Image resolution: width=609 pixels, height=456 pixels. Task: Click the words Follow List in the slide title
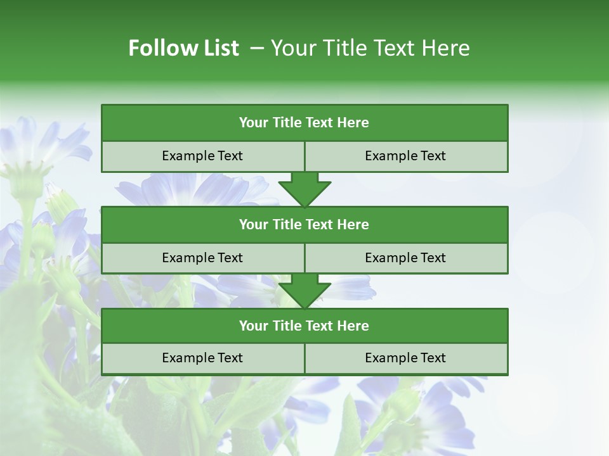coord(183,48)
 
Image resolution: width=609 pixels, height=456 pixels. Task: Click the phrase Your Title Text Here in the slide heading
coord(370,48)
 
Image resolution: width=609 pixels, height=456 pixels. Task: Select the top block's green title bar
coord(304,123)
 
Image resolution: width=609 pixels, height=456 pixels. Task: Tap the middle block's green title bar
coord(304,225)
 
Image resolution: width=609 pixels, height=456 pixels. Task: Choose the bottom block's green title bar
coord(304,326)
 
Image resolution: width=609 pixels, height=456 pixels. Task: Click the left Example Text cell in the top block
coord(202,156)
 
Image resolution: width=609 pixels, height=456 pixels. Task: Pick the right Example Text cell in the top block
coord(405,156)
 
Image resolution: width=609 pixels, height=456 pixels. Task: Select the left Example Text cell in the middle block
coord(202,258)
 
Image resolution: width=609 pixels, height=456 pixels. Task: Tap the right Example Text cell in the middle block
coord(405,258)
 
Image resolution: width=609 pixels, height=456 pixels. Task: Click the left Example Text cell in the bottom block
coord(202,358)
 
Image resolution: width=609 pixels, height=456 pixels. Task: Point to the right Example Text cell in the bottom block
coord(405,358)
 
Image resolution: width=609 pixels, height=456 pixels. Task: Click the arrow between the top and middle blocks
coord(304,189)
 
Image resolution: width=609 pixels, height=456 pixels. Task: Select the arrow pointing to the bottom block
coord(304,291)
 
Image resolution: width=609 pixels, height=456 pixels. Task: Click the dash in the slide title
coord(257,48)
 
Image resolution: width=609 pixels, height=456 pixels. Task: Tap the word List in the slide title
coord(219,48)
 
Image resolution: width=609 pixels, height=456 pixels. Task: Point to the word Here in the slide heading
coord(448,48)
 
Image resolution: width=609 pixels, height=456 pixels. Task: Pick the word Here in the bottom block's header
coord(353,326)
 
